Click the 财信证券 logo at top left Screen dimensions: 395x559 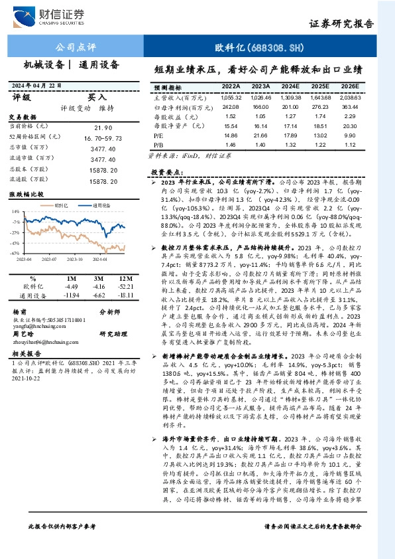click(x=56, y=15)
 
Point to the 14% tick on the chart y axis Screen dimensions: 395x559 click(x=16, y=212)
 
